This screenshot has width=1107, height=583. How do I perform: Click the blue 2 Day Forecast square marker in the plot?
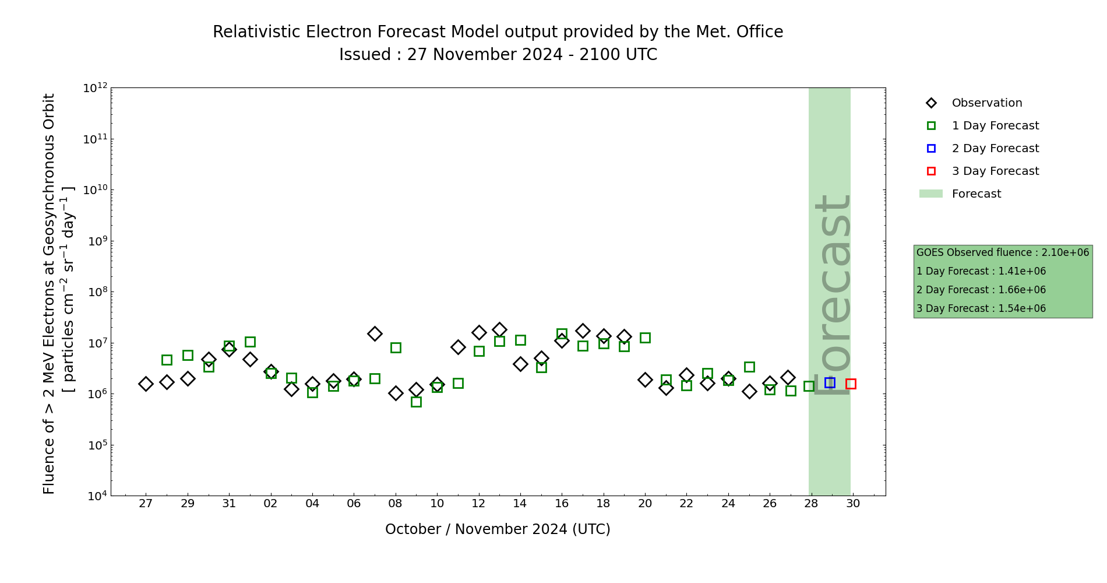coord(830,382)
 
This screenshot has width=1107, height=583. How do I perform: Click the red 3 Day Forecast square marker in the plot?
coord(851,384)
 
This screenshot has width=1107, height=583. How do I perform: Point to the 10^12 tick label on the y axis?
coord(96,88)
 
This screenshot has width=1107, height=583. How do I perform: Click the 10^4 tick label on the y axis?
coord(96,496)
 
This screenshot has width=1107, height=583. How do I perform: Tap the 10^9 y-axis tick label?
coord(96,241)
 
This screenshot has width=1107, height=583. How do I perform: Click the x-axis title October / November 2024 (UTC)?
coord(498,529)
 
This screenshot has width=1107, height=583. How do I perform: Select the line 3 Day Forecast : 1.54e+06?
coord(981,309)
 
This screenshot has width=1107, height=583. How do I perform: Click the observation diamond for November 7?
coord(375,333)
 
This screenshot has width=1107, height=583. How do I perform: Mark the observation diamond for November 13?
coord(499,329)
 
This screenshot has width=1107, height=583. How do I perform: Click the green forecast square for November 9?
coord(416,402)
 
